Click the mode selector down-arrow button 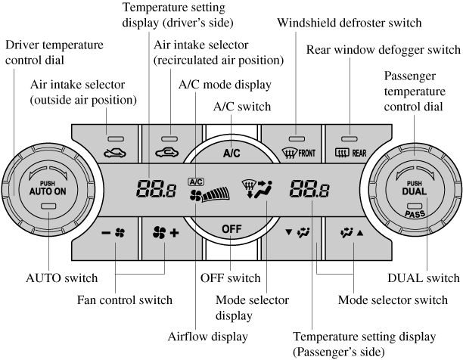point(294,232)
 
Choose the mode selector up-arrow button point(350,232)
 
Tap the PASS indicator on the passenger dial point(415,214)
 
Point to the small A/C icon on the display point(197,182)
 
